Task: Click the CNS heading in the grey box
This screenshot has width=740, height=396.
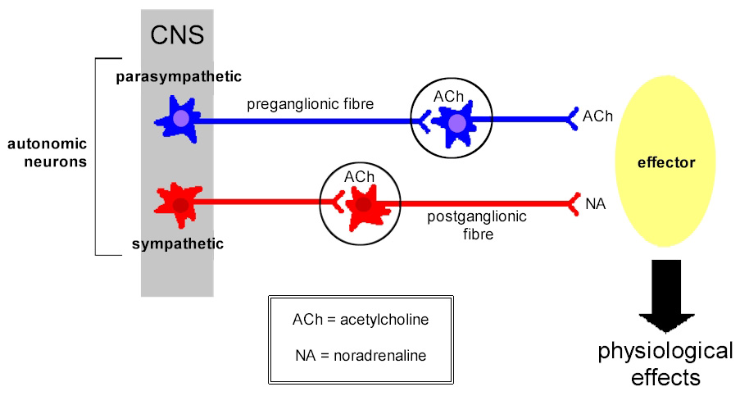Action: pyautogui.click(x=176, y=35)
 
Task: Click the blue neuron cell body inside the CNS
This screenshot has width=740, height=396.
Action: pyautogui.click(x=180, y=120)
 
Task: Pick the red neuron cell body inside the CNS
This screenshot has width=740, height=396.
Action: pyautogui.click(x=180, y=203)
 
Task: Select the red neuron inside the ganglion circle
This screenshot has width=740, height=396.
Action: pyautogui.click(x=362, y=204)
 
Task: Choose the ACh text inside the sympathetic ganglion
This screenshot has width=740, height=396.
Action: pyautogui.click(x=359, y=177)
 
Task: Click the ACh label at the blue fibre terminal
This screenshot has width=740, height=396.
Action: pyautogui.click(x=597, y=117)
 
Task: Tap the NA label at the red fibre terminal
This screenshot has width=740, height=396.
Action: pyautogui.click(x=596, y=203)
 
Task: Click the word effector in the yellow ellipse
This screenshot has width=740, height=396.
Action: pyautogui.click(x=665, y=162)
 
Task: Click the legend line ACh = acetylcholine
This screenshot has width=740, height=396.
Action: pyautogui.click(x=360, y=319)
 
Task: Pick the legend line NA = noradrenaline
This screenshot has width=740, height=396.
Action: pyautogui.click(x=360, y=355)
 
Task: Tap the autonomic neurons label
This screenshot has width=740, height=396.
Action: pyautogui.click(x=47, y=152)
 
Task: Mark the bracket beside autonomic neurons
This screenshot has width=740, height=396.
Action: pyautogui.click(x=98, y=156)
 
